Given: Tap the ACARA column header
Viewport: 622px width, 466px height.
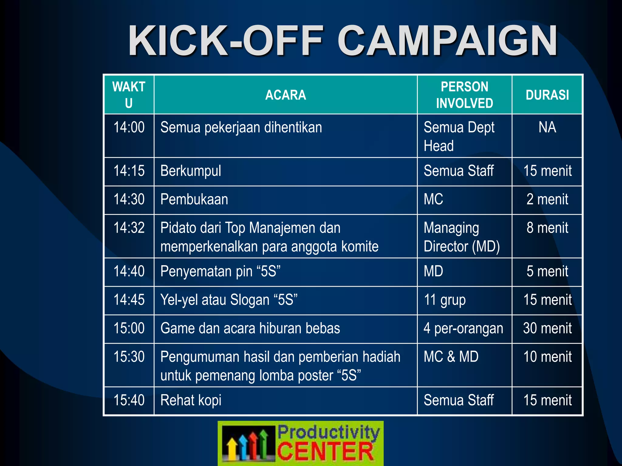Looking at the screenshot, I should (x=285, y=95).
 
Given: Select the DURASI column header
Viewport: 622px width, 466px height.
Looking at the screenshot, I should (x=547, y=95).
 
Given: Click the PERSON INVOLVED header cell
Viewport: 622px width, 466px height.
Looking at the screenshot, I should (x=464, y=95).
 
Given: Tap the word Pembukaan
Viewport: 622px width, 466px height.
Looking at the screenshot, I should (x=194, y=200).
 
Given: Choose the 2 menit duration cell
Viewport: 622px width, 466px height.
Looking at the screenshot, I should (x=547, y=200).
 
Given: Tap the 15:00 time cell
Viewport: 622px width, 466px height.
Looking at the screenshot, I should (x=129, y=329).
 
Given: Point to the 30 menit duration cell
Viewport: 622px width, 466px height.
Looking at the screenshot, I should (x=547, y=329).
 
